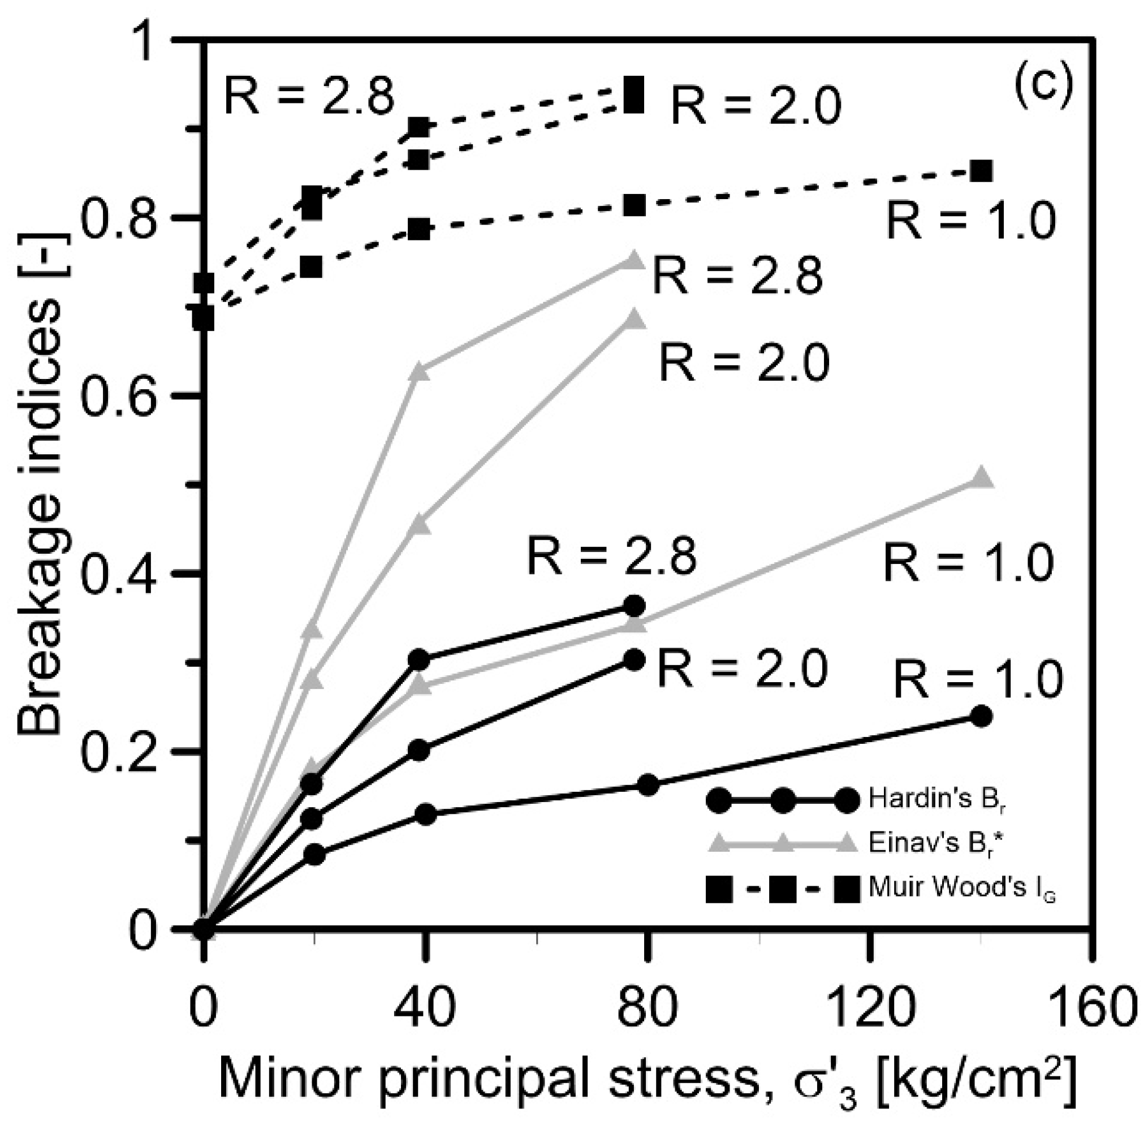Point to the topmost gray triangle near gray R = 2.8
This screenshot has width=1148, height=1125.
click(x=634, y=260)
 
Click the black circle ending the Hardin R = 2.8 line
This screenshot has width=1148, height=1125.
click(x=635, y=606)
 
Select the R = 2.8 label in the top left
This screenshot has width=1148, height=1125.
click(x=308, y=97)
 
